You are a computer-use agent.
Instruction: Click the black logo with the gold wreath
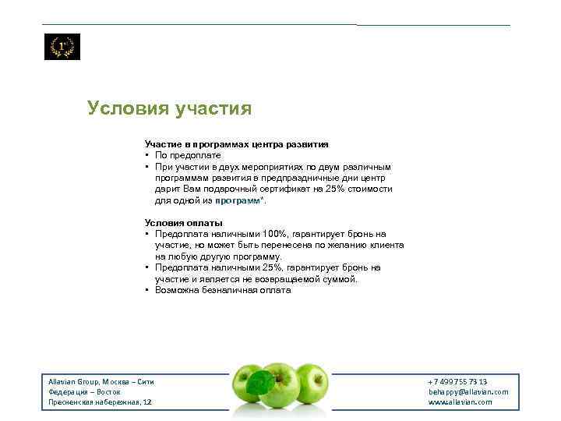coord(62,47)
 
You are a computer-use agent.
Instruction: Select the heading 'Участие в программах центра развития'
coord(236,144)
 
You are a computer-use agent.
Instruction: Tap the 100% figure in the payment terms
coord(275,234)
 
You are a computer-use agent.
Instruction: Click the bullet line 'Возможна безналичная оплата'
coord(223,290)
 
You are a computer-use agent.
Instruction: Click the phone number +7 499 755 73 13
coord(457,381)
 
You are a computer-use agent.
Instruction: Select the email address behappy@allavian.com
coord(467,391)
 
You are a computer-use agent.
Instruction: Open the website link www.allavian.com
coord(460,402)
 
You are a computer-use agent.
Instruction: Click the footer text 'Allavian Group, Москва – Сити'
coord(101,381)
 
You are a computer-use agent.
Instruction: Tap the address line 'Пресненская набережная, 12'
coord(100,402)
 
